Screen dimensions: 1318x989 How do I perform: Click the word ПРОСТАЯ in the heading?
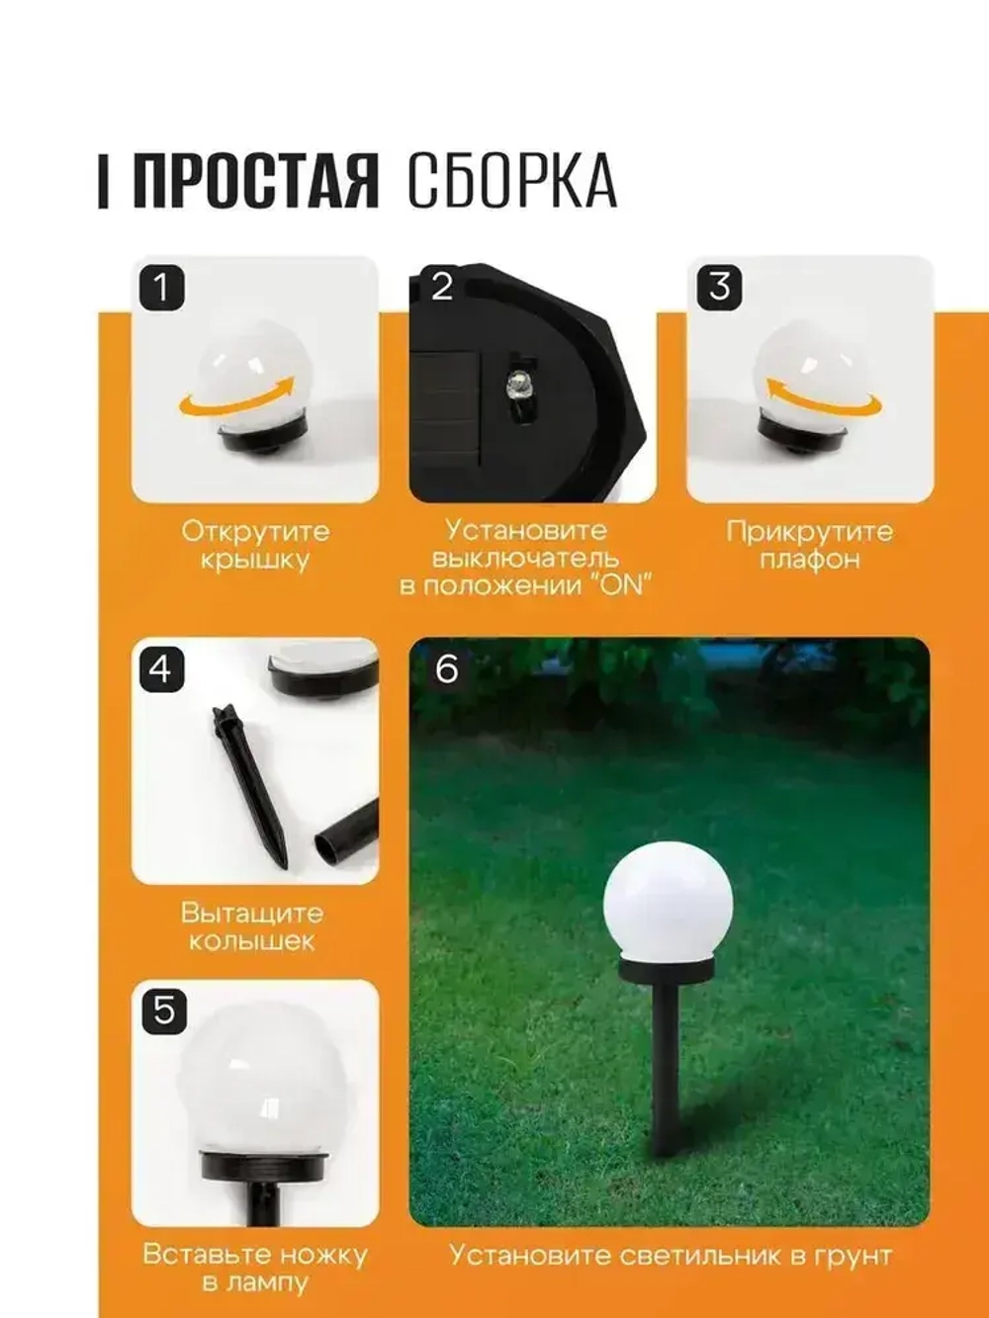pyautogui.click(x=255, y=182)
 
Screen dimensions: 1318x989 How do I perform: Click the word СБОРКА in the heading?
pyautogui.click(x=511, y=182)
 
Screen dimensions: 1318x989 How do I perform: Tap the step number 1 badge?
pyautogui.click(x=161, y=288)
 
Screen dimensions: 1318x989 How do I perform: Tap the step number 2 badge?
pyautogui.click(x=441, y=287)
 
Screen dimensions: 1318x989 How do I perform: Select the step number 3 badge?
pyautogui.click(x=719, y=287)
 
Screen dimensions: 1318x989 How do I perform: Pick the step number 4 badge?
pyautogui.click(x=161, y=669)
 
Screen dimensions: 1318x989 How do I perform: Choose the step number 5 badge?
pyautogui.click(x=163, y=1010)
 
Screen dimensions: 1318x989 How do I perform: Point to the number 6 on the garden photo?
pyautogui.click(x=447, y=669)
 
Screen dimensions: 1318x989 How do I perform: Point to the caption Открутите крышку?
pyautogui.click(x=255, y=545)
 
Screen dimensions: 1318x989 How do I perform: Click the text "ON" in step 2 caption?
pyautogui.click(x=621, y=584)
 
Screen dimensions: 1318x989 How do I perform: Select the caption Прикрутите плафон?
pyautogui.click(x=810, y=545)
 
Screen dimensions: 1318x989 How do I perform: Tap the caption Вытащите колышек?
pyautogui.click(x=252, y=926)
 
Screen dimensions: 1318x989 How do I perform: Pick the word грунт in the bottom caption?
pyautogui.click(x=849, y=1256)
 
